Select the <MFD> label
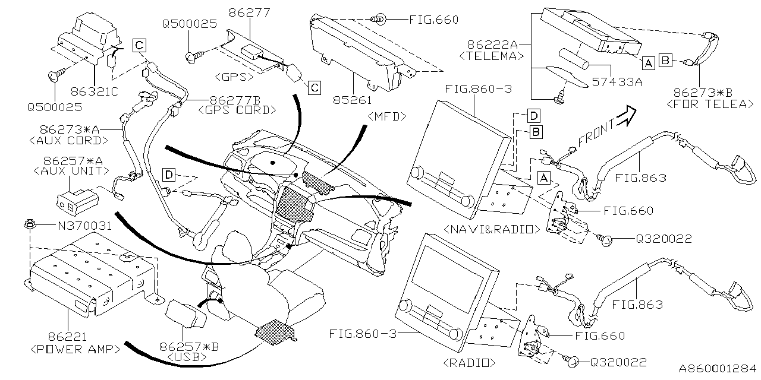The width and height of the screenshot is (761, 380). coord(387,116)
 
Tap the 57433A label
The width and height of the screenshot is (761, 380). coord(618,83)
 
